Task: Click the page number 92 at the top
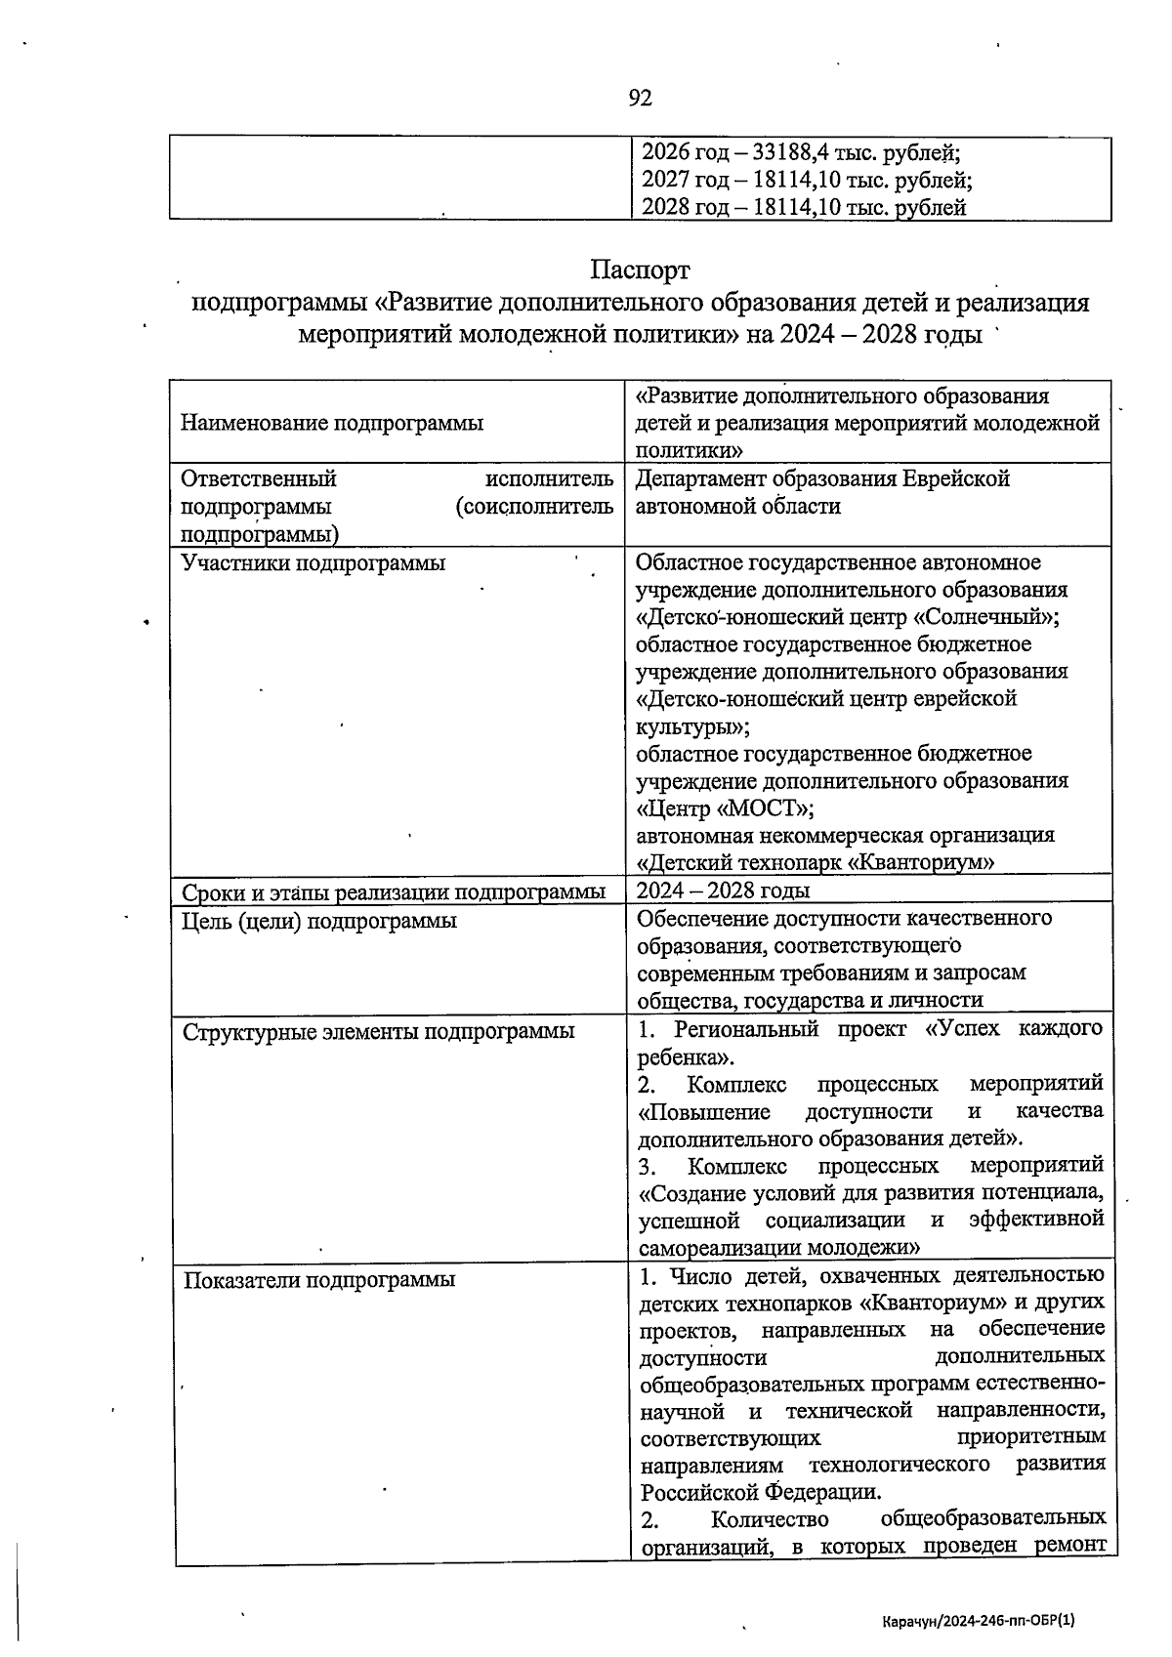(640, 98)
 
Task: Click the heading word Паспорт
(640, 269)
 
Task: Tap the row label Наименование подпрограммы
(332, 424)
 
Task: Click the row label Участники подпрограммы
(314, 563)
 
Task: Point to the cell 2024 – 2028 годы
(723, 891)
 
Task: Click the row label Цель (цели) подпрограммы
(319, 921)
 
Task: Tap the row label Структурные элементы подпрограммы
(378, 1031)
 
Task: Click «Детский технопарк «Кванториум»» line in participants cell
(816, 863)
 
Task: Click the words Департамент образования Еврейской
(822, 479)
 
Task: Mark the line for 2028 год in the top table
(803, 207)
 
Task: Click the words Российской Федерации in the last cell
(760, 1492)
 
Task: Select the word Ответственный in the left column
(259, 479)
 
